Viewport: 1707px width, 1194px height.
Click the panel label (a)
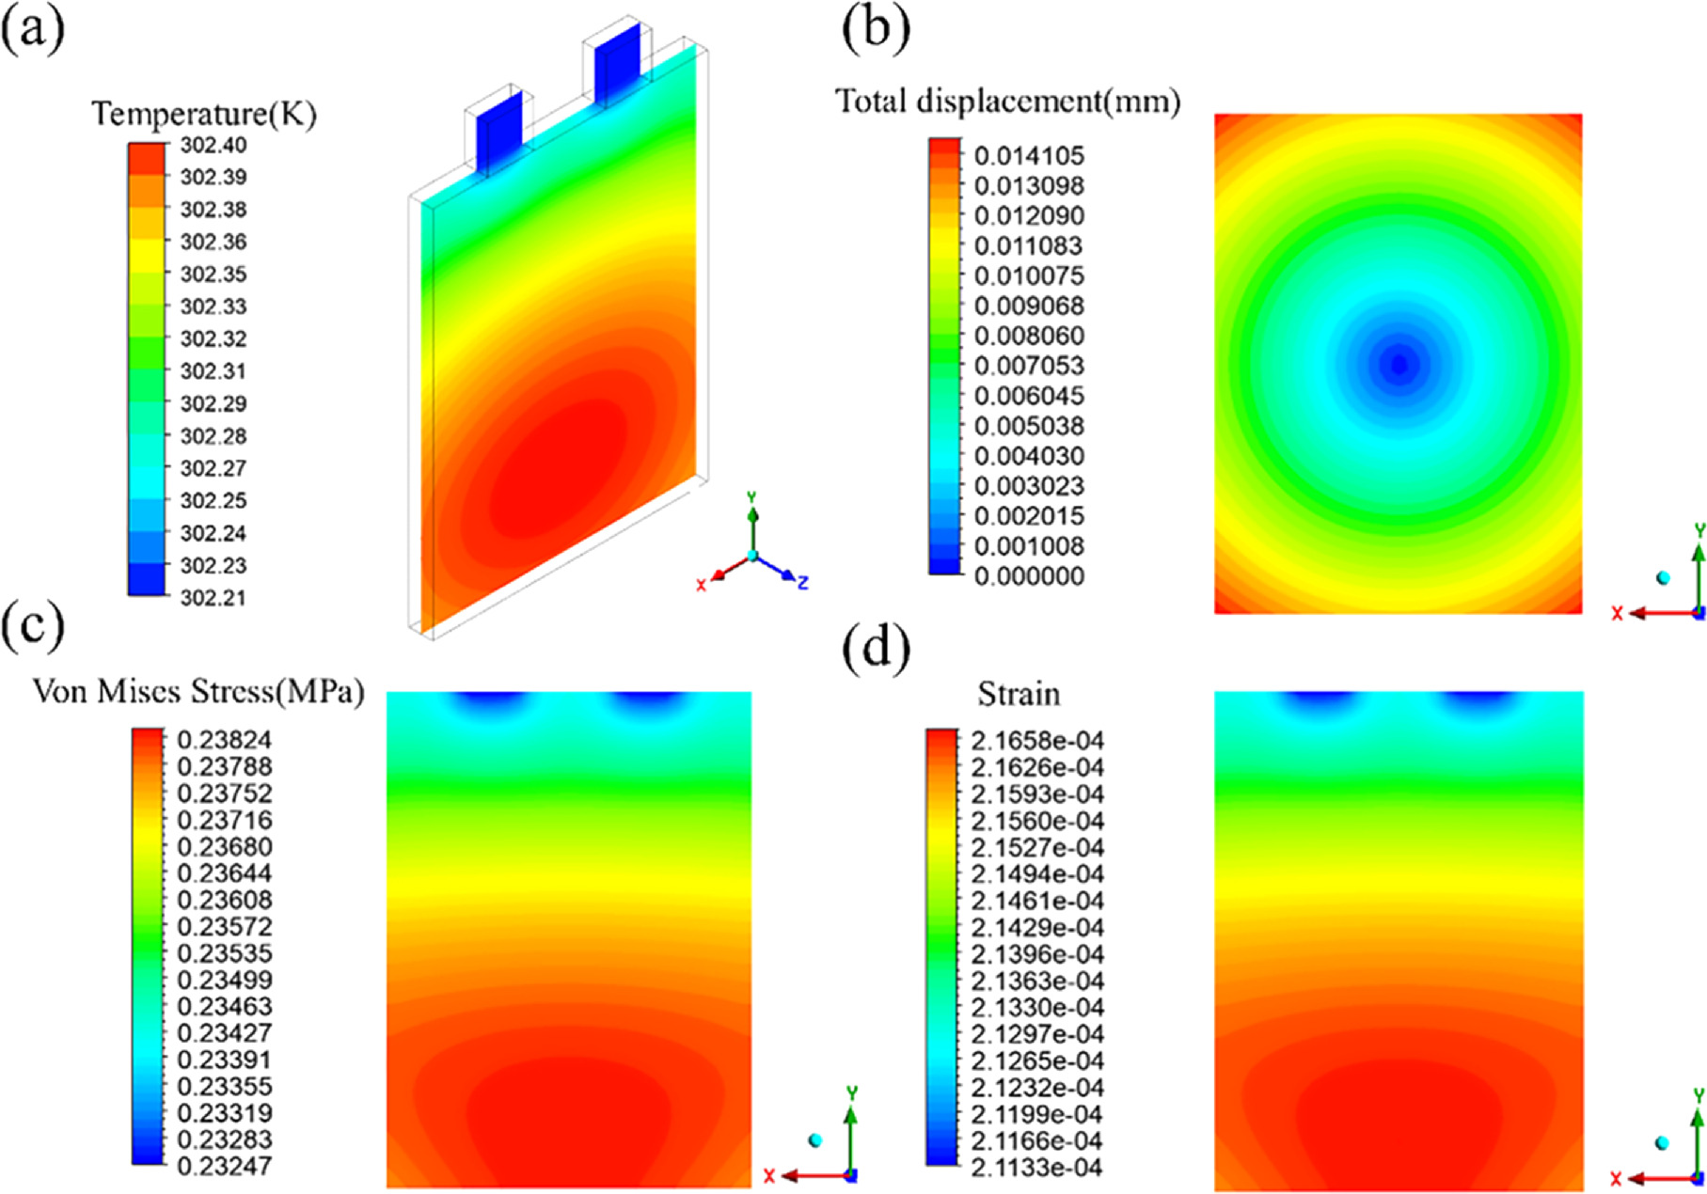(32, 32)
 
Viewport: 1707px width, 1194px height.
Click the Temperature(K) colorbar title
(204, 114)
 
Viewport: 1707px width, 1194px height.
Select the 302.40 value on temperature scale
(213, 145)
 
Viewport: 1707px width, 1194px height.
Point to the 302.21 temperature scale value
(213, 598)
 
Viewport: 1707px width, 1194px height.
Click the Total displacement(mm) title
(1008, 100)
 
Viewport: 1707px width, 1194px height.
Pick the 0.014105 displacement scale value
(1029, 155)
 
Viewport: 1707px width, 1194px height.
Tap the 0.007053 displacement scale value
(1029, 366)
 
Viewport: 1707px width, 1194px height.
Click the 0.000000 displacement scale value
(1029, 576)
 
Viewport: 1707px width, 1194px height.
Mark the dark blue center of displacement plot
(1399, 364)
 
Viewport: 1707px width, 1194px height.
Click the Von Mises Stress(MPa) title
(198, 693)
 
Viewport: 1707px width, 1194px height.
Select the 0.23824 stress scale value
(224, 740)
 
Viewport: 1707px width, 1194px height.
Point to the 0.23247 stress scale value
(224, 1167)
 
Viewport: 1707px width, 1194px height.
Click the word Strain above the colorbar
(1019, 695)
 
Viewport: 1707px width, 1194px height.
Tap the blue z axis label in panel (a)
(802, 584)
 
